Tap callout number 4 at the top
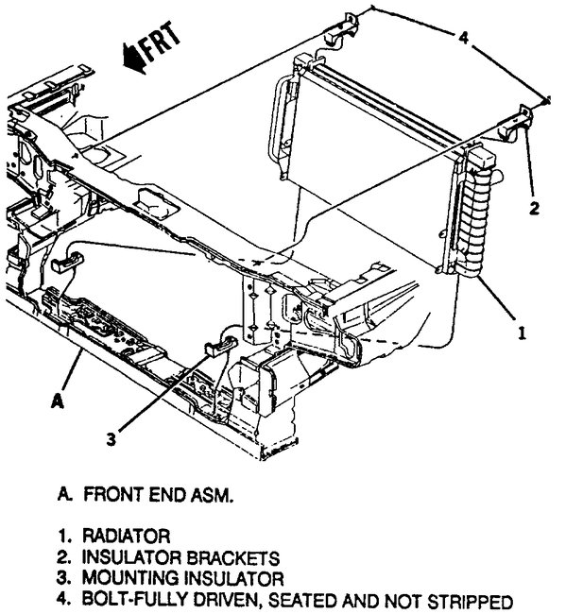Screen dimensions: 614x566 tap(462, 38)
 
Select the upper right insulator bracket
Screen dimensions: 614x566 tap(522, 125)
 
